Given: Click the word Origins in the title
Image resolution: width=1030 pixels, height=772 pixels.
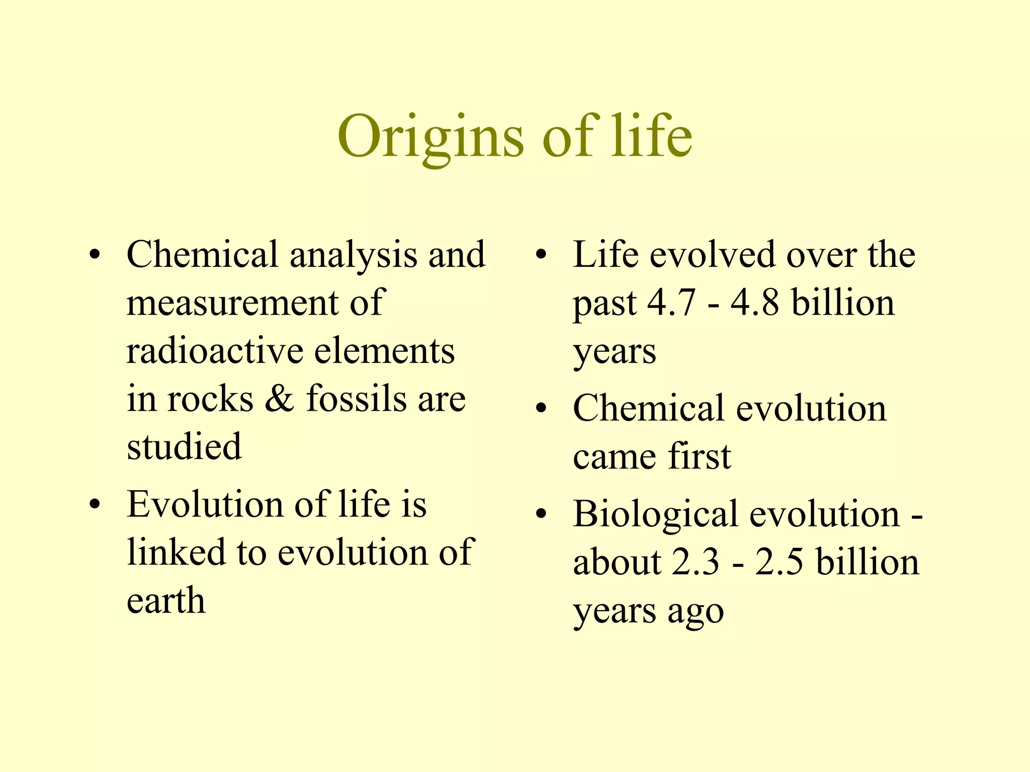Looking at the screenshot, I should (431, 137).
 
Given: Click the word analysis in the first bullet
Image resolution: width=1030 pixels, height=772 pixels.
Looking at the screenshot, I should (353, 255).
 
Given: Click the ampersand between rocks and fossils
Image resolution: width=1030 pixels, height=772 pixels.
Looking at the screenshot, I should (280, 399).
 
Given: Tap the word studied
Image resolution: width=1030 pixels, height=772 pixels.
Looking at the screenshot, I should (184, 446).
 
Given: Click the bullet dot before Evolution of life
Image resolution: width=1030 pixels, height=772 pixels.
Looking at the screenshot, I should (95, 504).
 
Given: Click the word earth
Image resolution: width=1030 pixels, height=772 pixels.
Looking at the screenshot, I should (166, 601).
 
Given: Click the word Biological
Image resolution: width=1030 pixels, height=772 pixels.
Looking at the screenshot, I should (655, 515).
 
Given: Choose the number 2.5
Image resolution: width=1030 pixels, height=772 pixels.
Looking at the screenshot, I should (779, 562).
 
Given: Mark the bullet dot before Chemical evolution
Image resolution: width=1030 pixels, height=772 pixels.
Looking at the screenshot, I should (541, 408).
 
